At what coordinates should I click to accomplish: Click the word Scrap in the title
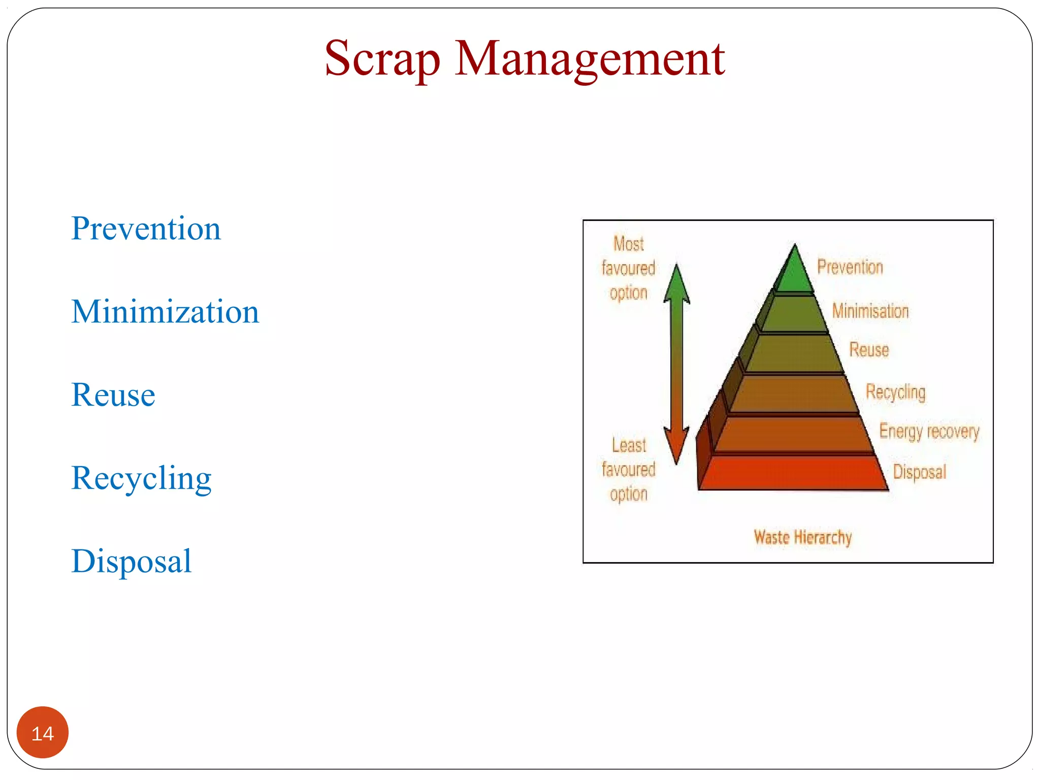pyautogui.click(x=382, y=60)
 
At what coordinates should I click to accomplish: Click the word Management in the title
pyautogui.click(x=590, y=60)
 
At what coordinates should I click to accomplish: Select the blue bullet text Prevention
pyautogui.click(x=146, y=229)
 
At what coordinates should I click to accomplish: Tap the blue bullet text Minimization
pyautogui.click(x=165, y=312)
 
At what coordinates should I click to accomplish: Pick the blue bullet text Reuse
pyautogui.click(x=113, y=395)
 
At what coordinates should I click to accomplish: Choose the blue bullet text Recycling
pyautogui.click(x=141, y=478)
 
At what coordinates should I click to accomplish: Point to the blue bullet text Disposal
pyautogui.click(x=132, y=562)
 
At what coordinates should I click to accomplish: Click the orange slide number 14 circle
pyautogui.click(x=43, y=733)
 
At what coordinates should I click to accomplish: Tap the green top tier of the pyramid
pyautogui.click(x=794, y=274)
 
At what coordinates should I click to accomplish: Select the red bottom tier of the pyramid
pyautogui.click(x=792, y=472)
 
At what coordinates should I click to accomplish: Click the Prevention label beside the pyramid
pyautogui.click(x=850, y=267)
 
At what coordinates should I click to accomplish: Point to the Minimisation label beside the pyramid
pyautogui.click(x=870, y=311)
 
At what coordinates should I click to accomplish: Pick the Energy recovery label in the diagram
pyautogui.click(x=929, y=431)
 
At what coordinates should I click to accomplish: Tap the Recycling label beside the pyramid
pyautogui.click(x=895, y=392)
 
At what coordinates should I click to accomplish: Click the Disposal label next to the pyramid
pyautogui.click(x=919, y=472)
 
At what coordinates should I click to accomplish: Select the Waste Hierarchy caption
pyautogui.click(x=802, y=537)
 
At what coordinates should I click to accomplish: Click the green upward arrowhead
pyautogui.click(x=676, y=284)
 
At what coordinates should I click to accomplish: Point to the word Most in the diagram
pyautogui.click(x=628, y=244)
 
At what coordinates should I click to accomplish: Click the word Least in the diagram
pyautogui.click(x=629, y=445)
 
